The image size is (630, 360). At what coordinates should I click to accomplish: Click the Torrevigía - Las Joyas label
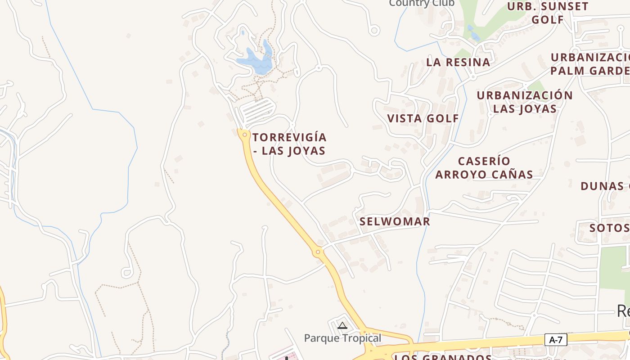(289, 144)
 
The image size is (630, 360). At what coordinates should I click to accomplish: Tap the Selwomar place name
(395, 221)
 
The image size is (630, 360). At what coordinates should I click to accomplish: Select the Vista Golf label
(423, 118)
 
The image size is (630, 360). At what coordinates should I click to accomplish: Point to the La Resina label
(458, 62)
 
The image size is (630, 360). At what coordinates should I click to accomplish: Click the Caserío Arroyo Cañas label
(484, 168)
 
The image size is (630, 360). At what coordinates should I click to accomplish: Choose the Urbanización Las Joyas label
(525, 102)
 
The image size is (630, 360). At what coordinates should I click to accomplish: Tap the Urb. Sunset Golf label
(548, 13)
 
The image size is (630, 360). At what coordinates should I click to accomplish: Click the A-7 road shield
(556, 340)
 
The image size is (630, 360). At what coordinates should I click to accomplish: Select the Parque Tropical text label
(342, 338)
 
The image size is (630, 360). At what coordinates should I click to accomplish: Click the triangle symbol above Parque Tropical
(342, 325)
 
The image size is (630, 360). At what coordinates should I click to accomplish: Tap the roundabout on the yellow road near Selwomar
(318, 252)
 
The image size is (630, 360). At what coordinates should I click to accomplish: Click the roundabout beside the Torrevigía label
(245, 135)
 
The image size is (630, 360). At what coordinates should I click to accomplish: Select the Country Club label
(422, 4)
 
